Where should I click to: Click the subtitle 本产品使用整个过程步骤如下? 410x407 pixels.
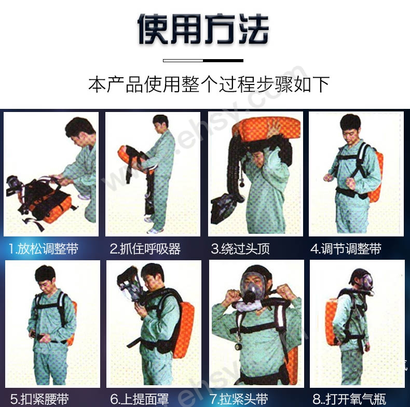coord(209,85)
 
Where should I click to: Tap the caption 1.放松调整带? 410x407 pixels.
coord(44,249)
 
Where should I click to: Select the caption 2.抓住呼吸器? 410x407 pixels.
coord(145,249)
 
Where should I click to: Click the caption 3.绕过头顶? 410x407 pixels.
coord(240,249)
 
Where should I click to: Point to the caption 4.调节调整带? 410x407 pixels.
coord(346,249)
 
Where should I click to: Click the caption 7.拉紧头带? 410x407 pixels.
coord(239,399)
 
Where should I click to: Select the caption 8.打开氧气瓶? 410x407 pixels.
coord(349,399)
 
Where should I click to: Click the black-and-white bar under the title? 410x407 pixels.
coord(203,61)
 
